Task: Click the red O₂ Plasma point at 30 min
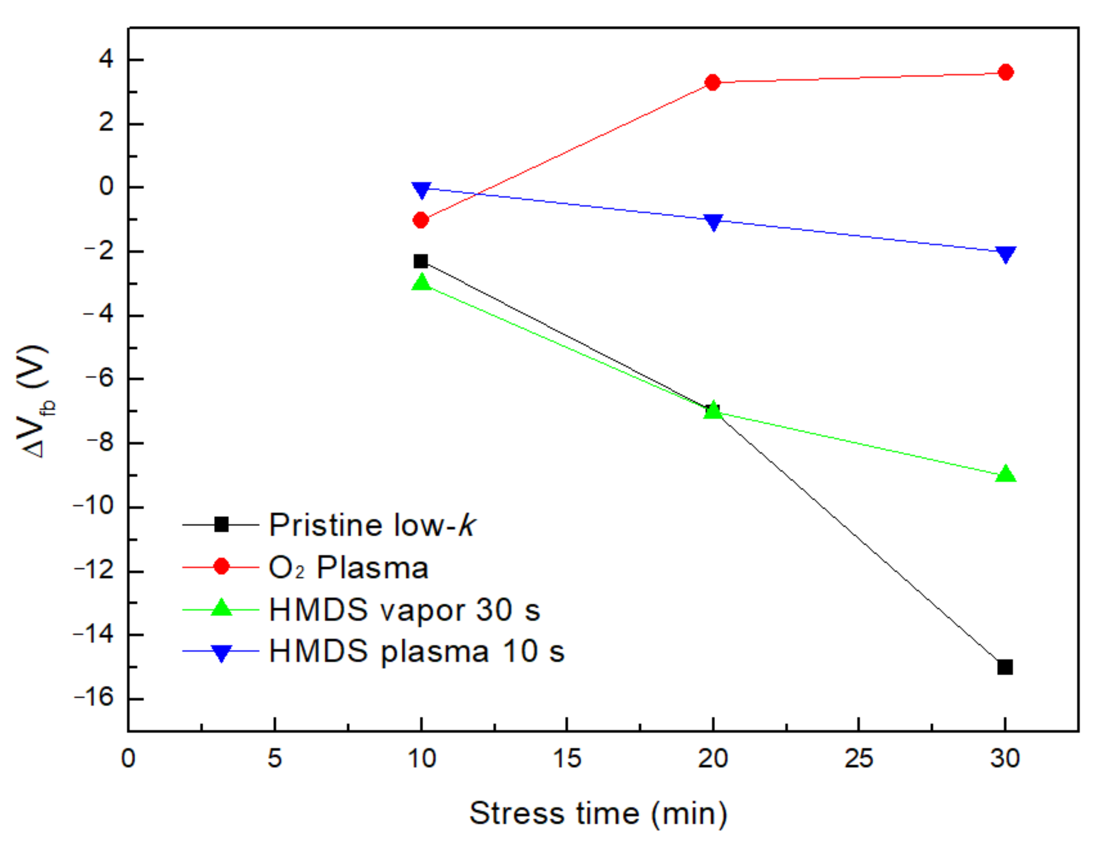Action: coord(1005,72)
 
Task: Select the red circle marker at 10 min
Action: coord(421,220)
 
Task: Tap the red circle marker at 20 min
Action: coord(712,82)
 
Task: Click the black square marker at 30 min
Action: coord(1005,667)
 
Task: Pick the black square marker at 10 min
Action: coord(421,261)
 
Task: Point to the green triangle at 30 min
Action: coord(1005,474)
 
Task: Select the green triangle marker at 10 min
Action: coord(421,283)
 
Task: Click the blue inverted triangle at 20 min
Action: coord(713,221)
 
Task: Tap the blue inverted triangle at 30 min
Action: coord(1005,254)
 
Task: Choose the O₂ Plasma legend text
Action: coord(348,567)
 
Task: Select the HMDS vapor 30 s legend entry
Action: coord(404,610)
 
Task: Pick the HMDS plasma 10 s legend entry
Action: coord(416,651)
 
